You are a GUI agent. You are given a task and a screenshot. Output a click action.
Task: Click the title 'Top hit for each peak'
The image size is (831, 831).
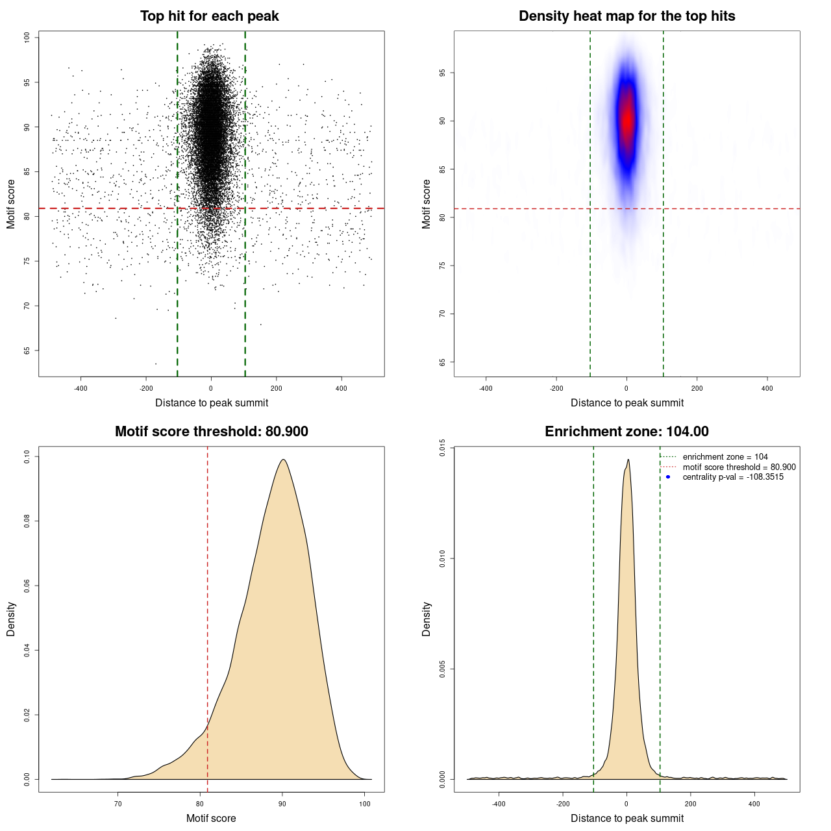pos(209,16)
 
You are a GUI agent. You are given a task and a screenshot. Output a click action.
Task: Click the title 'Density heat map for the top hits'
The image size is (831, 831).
pos(626,16)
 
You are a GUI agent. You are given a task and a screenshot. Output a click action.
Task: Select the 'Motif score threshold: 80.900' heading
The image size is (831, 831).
pos(211,432)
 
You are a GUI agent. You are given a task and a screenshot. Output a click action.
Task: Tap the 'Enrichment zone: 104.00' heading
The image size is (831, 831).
pos(626,432)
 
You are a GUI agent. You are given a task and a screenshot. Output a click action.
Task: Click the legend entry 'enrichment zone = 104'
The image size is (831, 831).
pos(725,457)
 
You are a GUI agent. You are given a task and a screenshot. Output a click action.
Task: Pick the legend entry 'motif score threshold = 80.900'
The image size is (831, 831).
pos(739,467)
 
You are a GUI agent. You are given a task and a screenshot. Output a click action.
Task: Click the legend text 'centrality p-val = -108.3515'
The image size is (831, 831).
pos(732,477)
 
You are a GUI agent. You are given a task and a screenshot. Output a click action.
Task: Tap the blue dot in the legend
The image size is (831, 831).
pos(668,477)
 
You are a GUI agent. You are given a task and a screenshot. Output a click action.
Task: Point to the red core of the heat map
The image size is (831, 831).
pos(626,120)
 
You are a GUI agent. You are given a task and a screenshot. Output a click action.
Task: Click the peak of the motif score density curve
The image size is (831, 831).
pos(283,460)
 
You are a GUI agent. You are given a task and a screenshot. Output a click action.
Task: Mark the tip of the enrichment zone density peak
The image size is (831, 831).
pos(628,460)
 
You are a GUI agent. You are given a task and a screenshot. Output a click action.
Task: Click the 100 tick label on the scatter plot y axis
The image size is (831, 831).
pos(27,38)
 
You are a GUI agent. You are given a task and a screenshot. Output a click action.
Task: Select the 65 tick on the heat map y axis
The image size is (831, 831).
pos(442,362)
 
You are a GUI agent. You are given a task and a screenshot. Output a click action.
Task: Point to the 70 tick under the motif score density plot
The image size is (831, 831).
pos(118,804)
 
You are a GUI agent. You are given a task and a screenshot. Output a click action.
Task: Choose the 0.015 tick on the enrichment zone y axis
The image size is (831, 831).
pos(442,447)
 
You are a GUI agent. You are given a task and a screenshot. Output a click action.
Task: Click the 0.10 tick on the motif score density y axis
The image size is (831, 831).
pos(27,456)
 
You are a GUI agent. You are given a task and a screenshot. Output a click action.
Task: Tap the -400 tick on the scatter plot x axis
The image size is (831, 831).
pos(81,388)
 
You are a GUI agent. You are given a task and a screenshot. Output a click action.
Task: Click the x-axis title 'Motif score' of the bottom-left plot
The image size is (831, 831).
pos(211,818)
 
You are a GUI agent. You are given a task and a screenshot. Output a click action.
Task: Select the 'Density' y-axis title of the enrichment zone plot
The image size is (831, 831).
pos(427,619)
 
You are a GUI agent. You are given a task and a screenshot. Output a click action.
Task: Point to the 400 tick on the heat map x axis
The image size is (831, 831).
pos(767,388)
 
